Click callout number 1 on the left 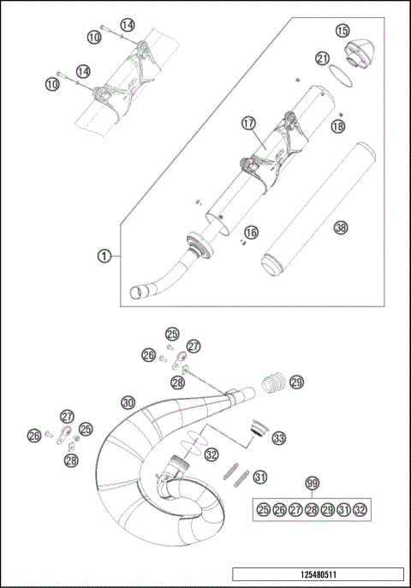[x=103, y=254]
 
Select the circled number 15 [x=342, y=31]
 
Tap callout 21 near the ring [x=322, y=58]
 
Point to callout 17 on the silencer [x=248, y=124]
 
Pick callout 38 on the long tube [x=341, y=228]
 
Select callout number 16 [x=250, y=232]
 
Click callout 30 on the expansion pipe [x=128, y=401]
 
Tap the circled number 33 [x=278, y=438]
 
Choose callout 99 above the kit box [x=313, y=484]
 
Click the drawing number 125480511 [x=317, y=575]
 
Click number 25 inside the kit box [x=264, y=510]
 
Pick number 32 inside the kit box [x=360, y=510]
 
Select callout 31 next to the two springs [x=260, y=477]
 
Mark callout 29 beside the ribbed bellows [x=296, y=381]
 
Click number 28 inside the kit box [x=312, y=510]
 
